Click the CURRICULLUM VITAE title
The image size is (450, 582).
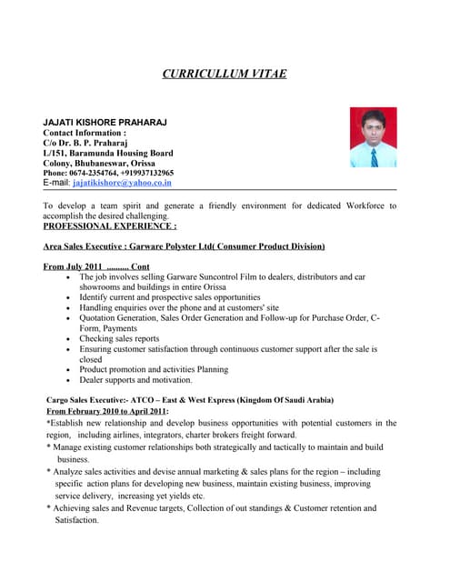[x=225, y=73]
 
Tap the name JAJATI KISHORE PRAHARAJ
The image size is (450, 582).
[x=105, y=122]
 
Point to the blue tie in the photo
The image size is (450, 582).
[x=374, y=156]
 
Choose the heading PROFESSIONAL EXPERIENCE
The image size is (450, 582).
[x=110, y=226]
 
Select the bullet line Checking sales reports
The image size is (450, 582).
[x=120, y=338]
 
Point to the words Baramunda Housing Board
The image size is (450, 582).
[x=121, y=152]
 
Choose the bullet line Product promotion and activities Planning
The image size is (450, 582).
[x=153, y=369]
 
